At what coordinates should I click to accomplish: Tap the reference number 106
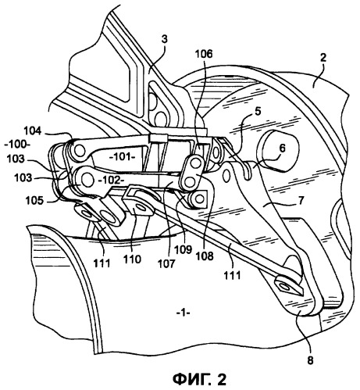[204, 54]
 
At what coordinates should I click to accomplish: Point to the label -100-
[16, 145]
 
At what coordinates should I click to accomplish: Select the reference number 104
[32, 131]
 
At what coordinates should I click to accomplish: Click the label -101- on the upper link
[123, 157]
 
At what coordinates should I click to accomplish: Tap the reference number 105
[34, 201]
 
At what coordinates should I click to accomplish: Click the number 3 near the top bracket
[164, 39]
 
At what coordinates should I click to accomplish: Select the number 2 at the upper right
[323, 58]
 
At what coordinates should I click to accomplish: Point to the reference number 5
[257, 111]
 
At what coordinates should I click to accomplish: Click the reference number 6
[282, 148]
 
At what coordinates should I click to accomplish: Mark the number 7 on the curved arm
[301, 201]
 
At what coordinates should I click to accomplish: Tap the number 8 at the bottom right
[310, 360]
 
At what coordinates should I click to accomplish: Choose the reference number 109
[184, 249]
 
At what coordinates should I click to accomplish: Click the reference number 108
[205, 256]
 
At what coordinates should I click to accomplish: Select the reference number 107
[166, 263]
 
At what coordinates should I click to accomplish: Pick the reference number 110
[133, 259]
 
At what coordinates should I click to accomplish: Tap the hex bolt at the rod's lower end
[285, 286]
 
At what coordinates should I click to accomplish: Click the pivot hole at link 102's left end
[87, 180]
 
